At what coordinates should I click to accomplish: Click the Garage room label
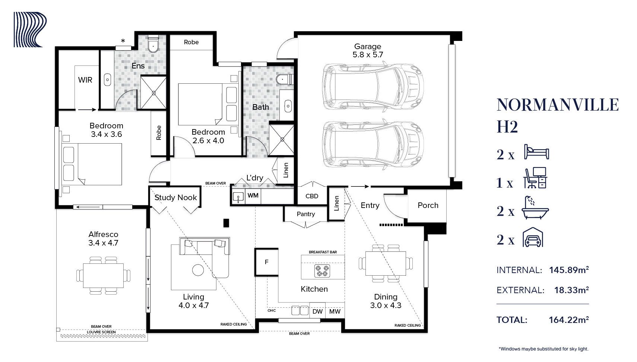click(367, 47)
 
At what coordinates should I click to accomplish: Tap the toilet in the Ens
click(153, 44)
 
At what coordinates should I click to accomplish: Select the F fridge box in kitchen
click(266, 262)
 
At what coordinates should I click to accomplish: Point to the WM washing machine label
click(253, 196)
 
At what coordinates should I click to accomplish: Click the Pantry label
click(305, 214)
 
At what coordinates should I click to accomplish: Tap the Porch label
click(428, 205)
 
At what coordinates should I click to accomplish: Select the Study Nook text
click(175, 198)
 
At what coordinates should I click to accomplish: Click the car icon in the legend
click(533, 237)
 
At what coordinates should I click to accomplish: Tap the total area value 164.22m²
click(568, 320)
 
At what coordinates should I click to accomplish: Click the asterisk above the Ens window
click(123, 41)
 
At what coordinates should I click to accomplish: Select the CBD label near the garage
click(312, 196)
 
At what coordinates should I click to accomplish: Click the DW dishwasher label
click(317, 311)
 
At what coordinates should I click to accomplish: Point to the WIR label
click(85, 80)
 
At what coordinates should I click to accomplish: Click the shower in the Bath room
click(282, 140)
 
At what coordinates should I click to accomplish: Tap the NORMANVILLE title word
click(557, 105)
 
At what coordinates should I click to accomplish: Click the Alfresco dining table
click(103, 275)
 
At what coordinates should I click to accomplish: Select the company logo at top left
click(30, 30)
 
